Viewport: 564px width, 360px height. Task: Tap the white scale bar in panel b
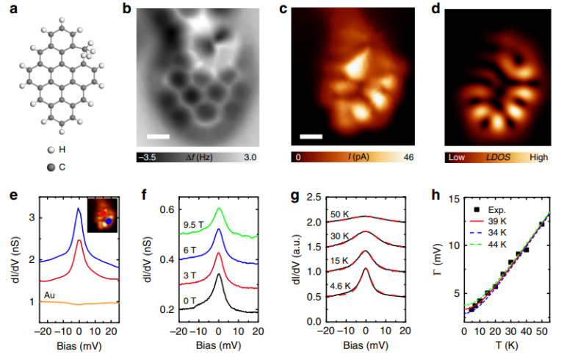tap(158, 137)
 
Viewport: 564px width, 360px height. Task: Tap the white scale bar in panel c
tap(311, 137)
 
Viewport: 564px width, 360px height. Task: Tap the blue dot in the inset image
tap(109, 220)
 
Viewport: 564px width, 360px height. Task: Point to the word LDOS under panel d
tap(496, 157)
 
